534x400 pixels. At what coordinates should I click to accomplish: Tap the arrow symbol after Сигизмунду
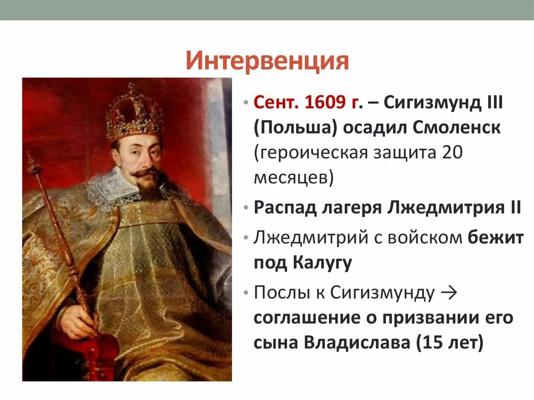click(x=448, y=293)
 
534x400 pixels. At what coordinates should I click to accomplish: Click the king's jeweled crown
click(x=134, y=112)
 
